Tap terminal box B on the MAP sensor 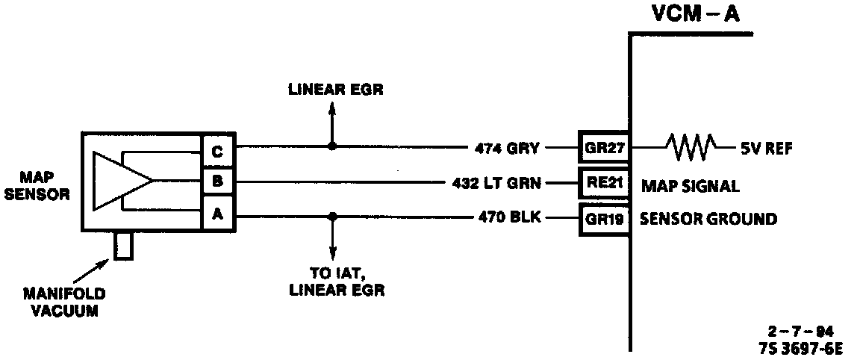click(x=216, y=181)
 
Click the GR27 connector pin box click(x=603, y=147)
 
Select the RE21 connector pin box click(x=603, y=181)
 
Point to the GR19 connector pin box click(x=603, y=219)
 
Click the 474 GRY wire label click(x=507, y=148)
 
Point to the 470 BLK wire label click(x=509, y=219)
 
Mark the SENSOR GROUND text click(x=707, y=219)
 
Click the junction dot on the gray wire click(x=332, y=146)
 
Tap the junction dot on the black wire click(x=332, y=217)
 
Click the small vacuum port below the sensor click(x=125, y=246)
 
